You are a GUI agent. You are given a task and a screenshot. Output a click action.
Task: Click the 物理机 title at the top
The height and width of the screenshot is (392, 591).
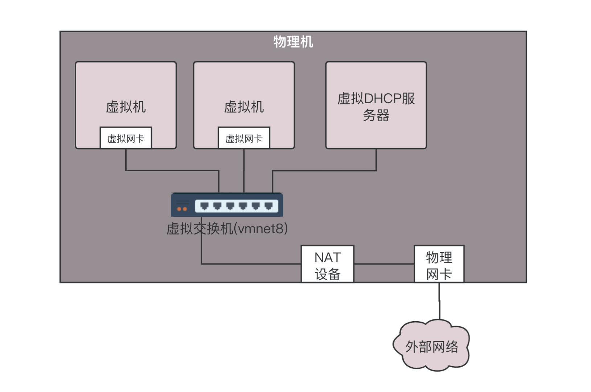point(293,42)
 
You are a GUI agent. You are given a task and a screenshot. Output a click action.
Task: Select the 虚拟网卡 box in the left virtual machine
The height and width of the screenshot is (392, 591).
point(126,138)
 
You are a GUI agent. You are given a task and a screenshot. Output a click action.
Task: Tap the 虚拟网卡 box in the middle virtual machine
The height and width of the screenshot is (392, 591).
point(244,138)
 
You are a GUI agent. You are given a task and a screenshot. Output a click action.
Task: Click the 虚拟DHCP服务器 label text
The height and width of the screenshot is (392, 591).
point(376,107)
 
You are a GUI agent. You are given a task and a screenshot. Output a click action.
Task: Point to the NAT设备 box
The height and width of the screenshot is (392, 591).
point(327,264)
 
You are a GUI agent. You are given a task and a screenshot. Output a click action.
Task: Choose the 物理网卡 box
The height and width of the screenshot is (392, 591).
point(439,264)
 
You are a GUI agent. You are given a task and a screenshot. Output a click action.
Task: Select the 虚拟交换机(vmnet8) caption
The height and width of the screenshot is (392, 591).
point(227,229)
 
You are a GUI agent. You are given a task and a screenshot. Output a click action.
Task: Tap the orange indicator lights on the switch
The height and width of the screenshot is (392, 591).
point(182,209)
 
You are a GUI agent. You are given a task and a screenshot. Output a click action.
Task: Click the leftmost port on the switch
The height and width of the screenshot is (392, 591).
point(205,206)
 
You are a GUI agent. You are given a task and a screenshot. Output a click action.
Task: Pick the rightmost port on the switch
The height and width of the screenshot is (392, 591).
point(269,206)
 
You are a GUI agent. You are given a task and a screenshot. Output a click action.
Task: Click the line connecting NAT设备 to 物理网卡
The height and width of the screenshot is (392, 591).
point(384,264)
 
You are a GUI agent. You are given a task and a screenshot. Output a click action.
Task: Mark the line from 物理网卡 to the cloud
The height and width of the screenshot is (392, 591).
point(439,301)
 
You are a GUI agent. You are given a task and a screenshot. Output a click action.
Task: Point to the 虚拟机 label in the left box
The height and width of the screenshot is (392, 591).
point(126,107)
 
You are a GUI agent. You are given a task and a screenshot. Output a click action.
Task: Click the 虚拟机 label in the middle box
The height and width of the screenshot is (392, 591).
point(244,107)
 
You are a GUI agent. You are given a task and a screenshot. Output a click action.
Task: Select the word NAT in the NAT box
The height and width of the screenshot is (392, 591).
point(327,258)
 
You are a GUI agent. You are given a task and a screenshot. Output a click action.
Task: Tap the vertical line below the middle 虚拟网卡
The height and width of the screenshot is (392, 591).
point(244,171)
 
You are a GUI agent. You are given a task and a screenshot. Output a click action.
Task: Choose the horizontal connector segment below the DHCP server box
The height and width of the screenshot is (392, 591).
point(324,171)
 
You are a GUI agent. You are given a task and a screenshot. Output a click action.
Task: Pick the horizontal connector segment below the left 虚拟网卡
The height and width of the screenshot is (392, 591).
point(172,170)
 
